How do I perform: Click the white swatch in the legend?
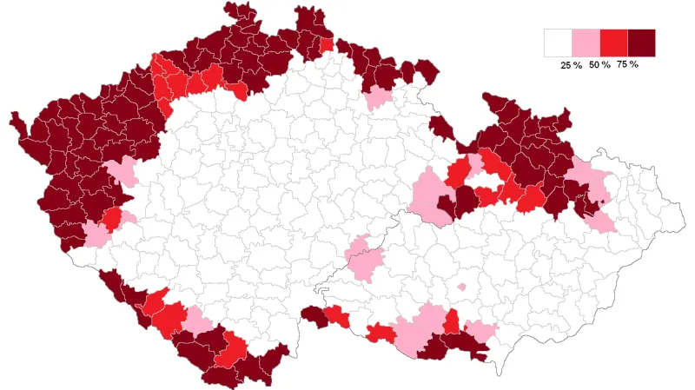[x=557, y=43]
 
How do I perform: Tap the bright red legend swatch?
[x=613, y=43]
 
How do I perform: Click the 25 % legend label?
[x=571, y=65]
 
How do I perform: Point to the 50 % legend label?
[x=599, y=65]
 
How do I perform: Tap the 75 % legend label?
[x=627, y=65]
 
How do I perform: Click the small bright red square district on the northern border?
[x=327, y=45]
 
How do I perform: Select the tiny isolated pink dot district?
[x=461, y=286]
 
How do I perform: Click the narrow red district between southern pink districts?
[x=451, y=322]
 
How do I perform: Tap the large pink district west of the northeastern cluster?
[x=427, y=195]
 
